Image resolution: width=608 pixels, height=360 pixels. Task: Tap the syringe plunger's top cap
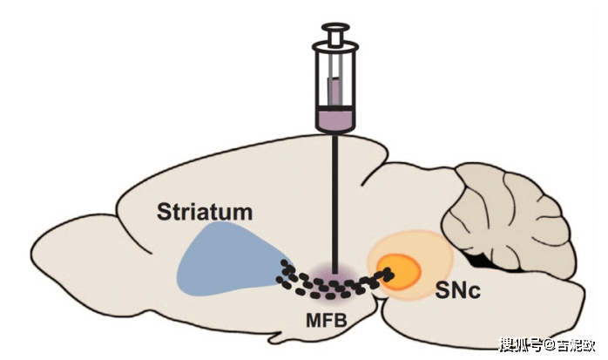click(334, 28)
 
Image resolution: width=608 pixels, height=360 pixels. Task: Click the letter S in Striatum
click(164, 211)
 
